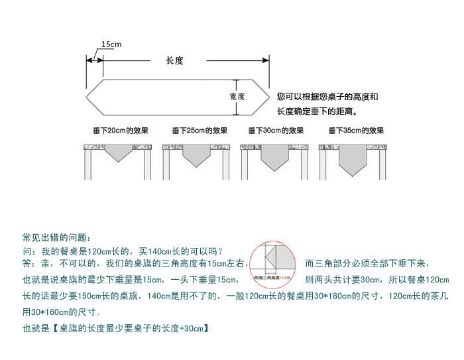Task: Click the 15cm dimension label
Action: coord(111,44)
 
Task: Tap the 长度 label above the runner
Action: coord(174,60)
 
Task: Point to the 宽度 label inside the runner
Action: coord(237,96)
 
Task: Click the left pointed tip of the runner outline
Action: coord(87,96)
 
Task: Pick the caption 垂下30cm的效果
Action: coord(276,131)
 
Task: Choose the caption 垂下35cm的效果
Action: coord(356,131)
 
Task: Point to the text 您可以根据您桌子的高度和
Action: coord(327,97)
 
